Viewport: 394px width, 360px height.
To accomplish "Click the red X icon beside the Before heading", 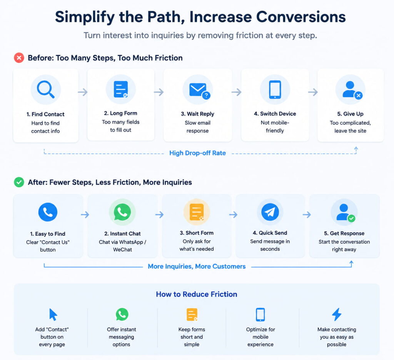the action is (19, 58).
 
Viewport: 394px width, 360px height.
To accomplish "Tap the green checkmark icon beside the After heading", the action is (19, 182).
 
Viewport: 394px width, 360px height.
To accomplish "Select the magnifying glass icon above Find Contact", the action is (45, 90).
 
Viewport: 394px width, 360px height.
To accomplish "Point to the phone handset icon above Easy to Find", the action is (48, 212).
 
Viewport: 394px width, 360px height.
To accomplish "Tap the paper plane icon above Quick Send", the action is (270, 212).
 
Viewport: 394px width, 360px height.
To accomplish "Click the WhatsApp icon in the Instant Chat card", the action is (122, 212).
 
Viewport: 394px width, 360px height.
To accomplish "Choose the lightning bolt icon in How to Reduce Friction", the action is (337, 314).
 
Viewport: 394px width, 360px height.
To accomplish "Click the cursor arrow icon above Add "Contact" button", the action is (53, 315).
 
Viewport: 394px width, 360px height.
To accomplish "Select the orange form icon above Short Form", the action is (197, 212).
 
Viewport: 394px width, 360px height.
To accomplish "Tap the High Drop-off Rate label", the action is (197, 153).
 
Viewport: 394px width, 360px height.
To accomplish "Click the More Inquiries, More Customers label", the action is (197, 266).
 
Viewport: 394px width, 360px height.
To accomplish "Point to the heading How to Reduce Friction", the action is (197, 294).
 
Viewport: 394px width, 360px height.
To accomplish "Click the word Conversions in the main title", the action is (301, 17).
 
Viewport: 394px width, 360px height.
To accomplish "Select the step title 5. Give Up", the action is (350, 114).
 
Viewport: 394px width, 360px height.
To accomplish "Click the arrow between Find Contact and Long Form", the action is (83, 92).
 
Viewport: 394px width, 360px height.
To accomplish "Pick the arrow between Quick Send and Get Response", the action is (307, 215).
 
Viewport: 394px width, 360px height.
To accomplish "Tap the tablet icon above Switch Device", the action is (275, 90).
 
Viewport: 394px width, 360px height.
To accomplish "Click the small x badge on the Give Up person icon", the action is (359, 95).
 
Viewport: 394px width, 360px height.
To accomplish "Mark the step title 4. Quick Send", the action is (270, 233).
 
